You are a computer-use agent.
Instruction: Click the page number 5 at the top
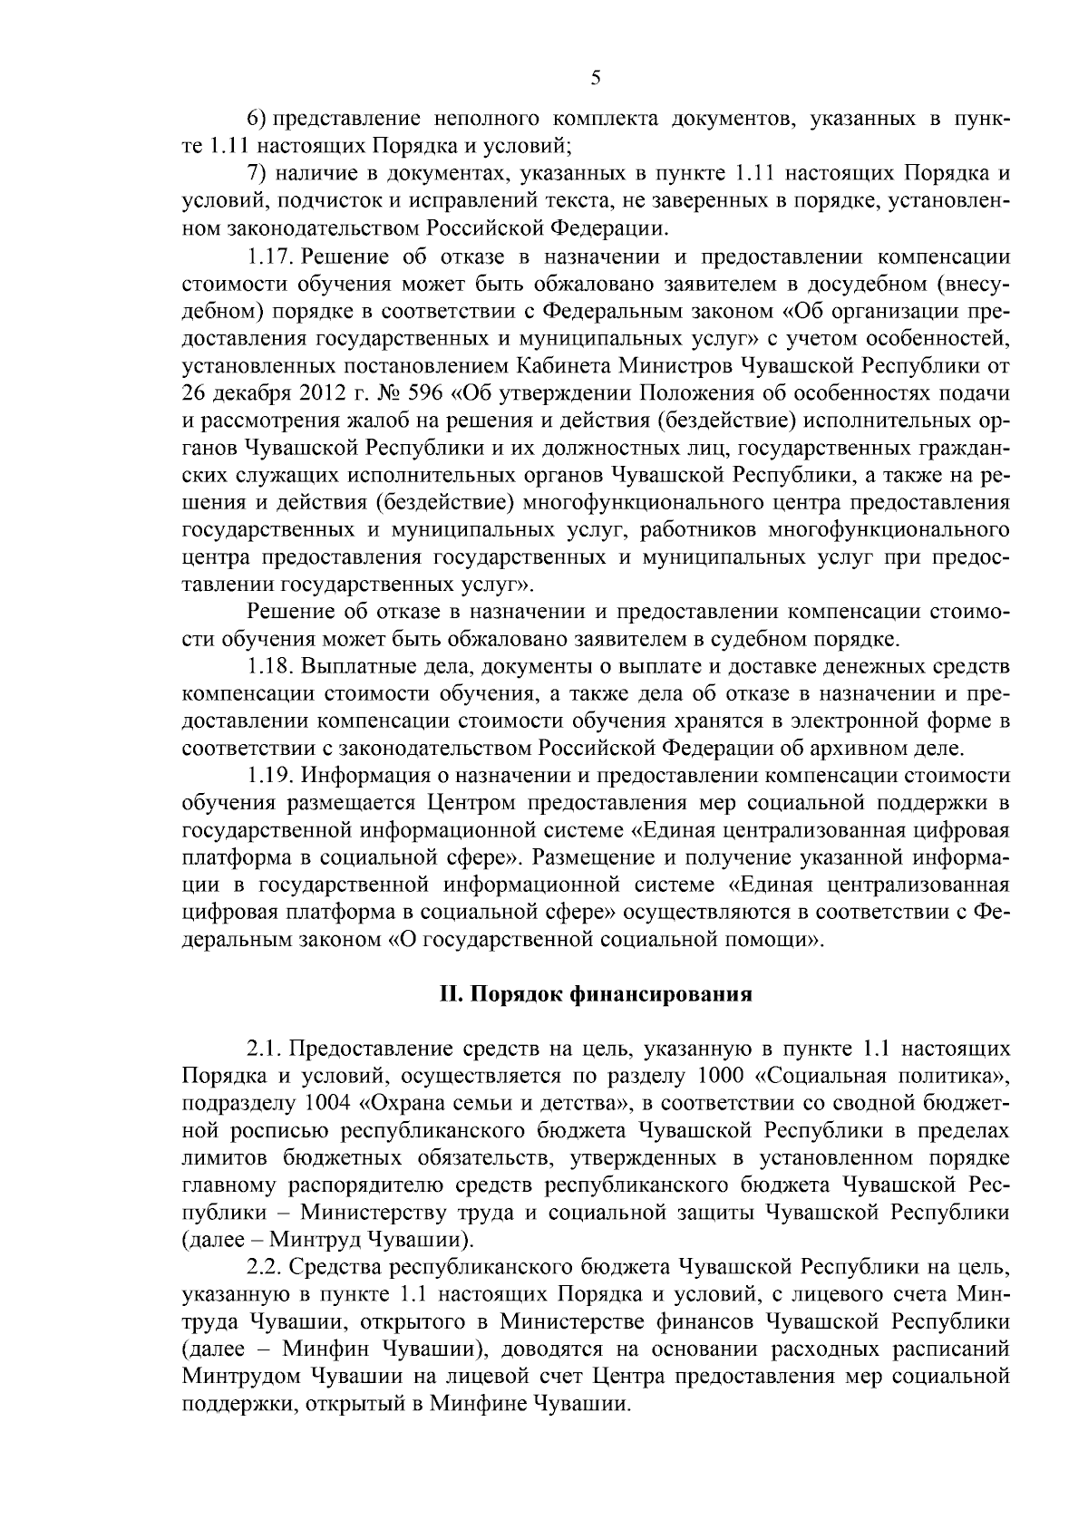point(596,78)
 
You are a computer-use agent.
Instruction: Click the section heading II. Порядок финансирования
point(596,994)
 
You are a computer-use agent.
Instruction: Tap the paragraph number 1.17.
point(270,256)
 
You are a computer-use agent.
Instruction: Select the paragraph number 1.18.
point(270,668)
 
